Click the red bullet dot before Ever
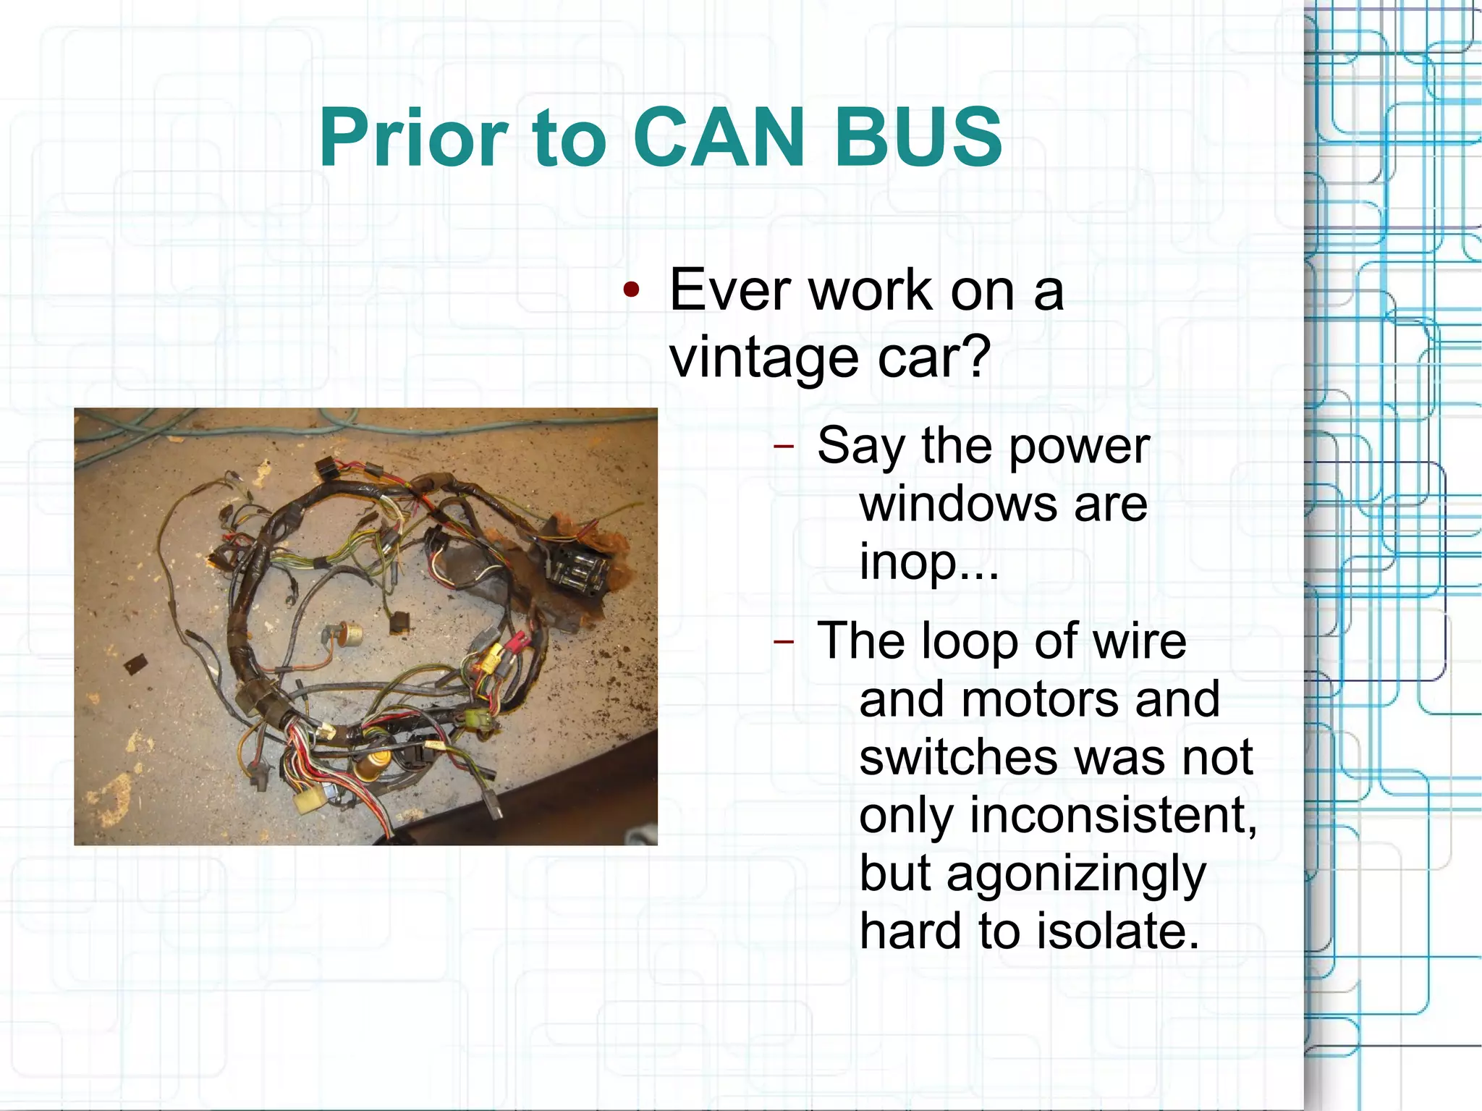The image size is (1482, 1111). tap(632, 291)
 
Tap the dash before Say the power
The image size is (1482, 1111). tap(784, 446)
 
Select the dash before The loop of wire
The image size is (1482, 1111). tap(784, 641)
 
